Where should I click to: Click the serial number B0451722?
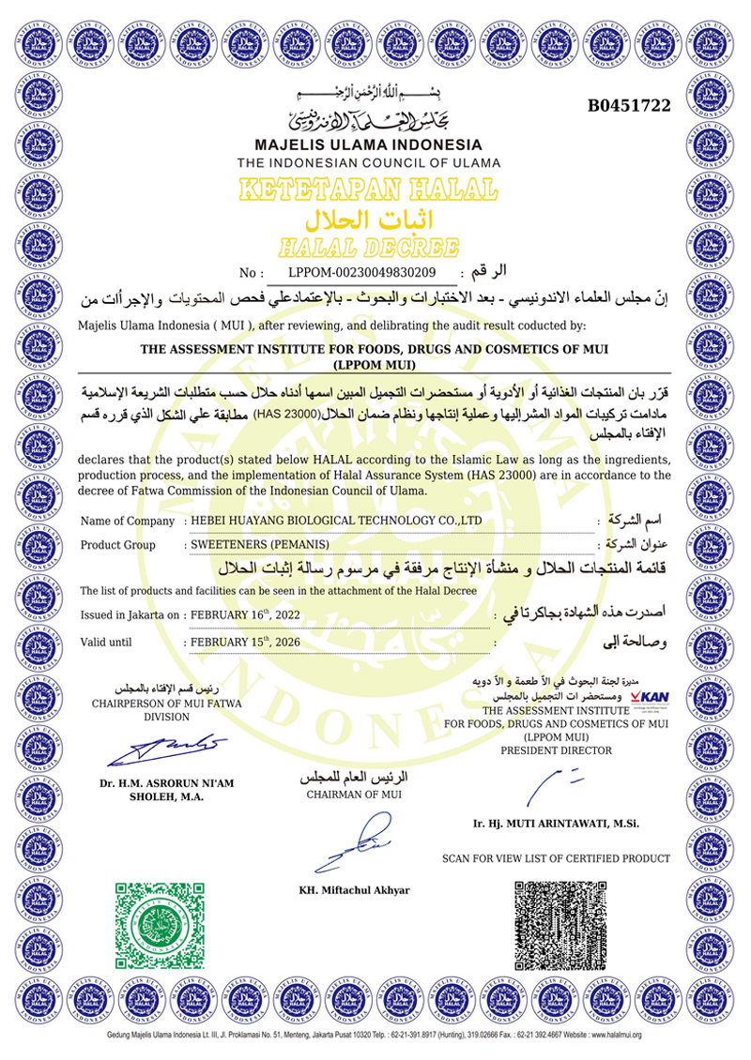tap(629, 106)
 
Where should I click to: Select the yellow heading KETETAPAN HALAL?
tap(368, 190)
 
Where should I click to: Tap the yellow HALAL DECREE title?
tap(368, 248)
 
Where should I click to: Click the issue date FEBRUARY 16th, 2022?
tap(247, 615)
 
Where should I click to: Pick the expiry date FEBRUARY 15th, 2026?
tap(247, 643)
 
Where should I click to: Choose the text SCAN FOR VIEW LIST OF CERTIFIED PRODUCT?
tap(556, 858)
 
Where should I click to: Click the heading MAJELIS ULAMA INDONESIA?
tap(368, 145)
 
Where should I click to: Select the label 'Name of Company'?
tap(128, 521)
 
